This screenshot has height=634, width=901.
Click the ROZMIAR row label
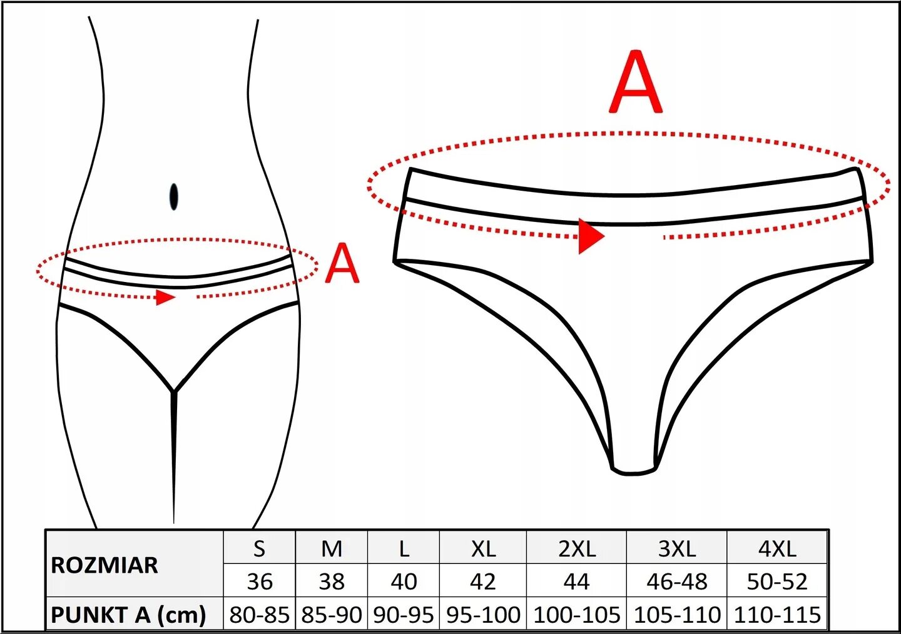[x=104, y=565]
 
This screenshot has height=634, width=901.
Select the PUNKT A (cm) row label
[x=128, y=615]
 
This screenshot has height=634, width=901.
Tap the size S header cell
[x=259, y=549]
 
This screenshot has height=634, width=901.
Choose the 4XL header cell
[x=777, y=549]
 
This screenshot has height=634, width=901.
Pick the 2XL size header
[x=576, y=549]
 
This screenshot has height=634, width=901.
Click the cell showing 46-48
[x=676, y=581]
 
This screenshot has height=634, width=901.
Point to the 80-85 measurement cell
[x=259, y=615]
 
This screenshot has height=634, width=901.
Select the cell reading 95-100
[x=483, y=615]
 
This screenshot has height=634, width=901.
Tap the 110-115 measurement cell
[x=777, y=615]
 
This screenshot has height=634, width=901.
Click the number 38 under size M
[x=332, y=581]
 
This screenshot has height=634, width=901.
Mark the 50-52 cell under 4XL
[x=777, y=581]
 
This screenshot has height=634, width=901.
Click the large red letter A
[x=635, y=83]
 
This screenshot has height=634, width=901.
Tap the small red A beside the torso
[x=342, y=263]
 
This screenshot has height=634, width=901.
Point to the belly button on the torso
[x=173, y=196]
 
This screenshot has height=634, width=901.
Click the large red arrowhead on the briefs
[x=589, y=236]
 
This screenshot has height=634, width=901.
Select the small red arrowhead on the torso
[x=165, y=297]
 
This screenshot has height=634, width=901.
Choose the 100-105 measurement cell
[x=576, y=615]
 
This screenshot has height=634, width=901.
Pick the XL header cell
[x=483, y=549]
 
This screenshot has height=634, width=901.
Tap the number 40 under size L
[x=404, y=581]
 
